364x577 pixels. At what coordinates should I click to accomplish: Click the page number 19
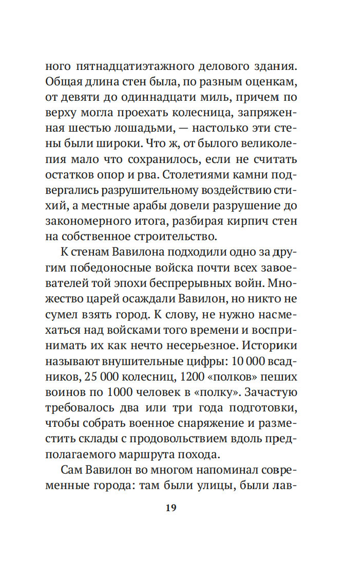(x=171, y=508)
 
